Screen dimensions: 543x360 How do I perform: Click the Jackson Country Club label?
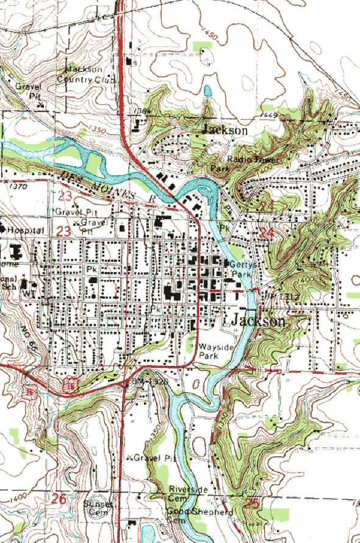click(x=89, y=74)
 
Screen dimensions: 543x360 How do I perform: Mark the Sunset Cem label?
click(x=99, y=508)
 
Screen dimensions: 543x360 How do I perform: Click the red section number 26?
click(x=59, y=498)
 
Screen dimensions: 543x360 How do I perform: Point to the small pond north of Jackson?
click(x=207, y=92)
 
